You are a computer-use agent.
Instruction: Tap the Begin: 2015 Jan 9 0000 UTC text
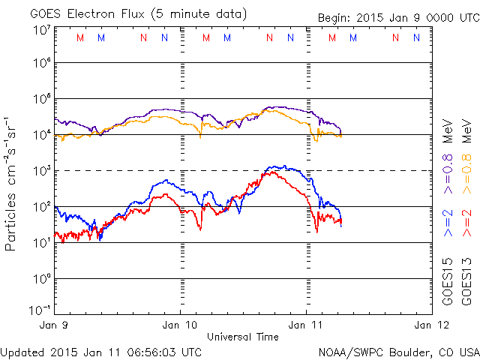click(x=386, y=17)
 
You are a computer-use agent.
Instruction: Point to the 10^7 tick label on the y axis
click(x=41, y=30)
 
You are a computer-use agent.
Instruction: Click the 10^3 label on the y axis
click(x=41, y=171)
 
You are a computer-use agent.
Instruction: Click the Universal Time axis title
click(x=243, y=337)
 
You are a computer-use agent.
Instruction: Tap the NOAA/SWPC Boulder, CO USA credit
click(x=397, y=351)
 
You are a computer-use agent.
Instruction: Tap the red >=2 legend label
click(x=466, y=224)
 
